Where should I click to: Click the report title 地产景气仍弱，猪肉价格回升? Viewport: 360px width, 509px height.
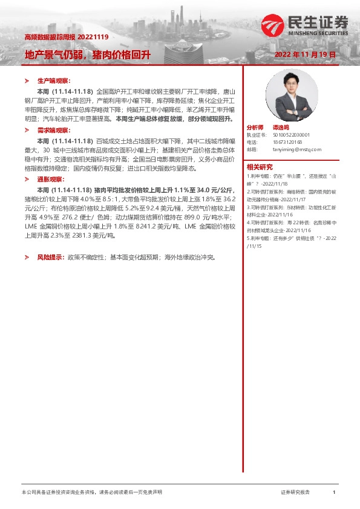coord(87,55)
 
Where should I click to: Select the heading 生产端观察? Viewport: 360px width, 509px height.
coord(54,80)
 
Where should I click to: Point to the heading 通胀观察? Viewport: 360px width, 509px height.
coord(50,180)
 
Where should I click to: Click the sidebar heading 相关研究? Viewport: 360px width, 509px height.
coord(260,167)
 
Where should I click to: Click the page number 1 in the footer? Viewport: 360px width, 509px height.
coord(334,493)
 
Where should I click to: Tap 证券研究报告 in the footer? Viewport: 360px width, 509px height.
coord(295,493)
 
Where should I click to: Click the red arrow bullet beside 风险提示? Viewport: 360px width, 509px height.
coord(27,257)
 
